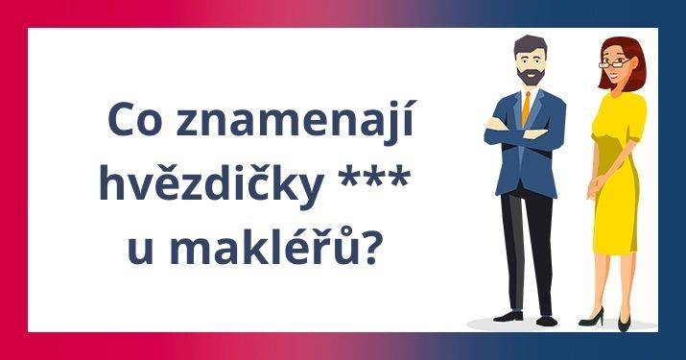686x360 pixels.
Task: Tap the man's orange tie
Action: [x=526, y=108]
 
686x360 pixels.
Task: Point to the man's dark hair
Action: [x=527, y=45]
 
